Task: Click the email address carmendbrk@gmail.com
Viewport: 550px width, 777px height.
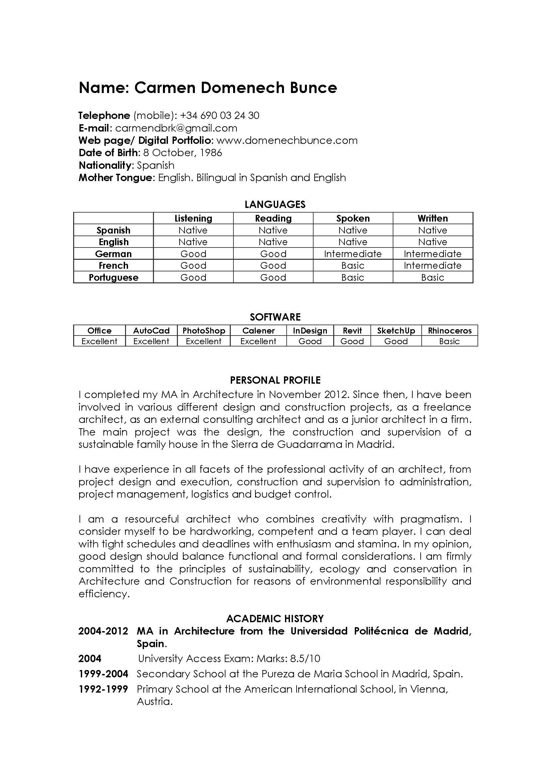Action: click(176, 128)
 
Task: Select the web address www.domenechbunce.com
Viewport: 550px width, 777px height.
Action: click(287, 141)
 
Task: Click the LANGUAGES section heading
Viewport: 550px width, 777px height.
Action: click(275, 204)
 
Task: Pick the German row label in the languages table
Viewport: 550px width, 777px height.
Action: click(113, 254)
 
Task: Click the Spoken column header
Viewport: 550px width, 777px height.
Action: click(352, 218)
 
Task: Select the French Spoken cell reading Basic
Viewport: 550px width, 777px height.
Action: click(352, 266)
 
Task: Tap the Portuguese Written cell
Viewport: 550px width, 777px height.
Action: click(433, 277)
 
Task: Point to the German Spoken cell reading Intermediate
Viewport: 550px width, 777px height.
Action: click(352, 254)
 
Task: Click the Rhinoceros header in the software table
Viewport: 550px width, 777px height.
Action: click(450, 331)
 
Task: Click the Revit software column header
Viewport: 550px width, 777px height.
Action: click(352, 331)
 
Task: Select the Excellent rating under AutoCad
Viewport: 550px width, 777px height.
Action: click(151, 341)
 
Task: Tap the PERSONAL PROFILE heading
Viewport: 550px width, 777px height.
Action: click(275, 380)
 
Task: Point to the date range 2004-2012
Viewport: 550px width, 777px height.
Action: click(103, 631)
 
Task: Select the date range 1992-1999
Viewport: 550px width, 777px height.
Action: click(103, 689)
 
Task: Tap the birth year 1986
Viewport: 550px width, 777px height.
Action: click(210, 153)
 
